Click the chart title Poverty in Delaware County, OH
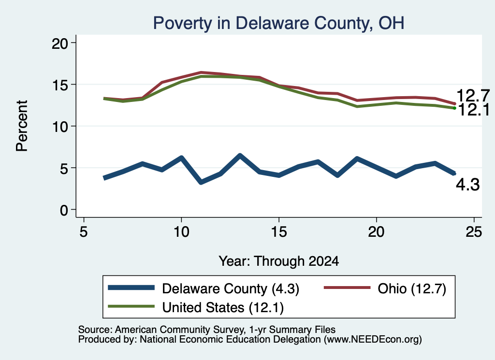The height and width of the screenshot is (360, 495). [278, 23]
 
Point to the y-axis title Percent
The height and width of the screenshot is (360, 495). [22, 126]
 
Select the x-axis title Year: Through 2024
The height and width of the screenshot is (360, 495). [279, 261]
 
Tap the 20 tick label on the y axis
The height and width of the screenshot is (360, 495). [60, 43]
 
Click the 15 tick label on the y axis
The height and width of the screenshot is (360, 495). [60, 85]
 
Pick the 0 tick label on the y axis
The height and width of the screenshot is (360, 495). [64, 210]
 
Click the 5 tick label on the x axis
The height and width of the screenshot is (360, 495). [83, 232]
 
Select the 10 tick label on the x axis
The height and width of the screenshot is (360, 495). [181, 232]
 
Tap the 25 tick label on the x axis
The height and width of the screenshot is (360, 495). [474, 232]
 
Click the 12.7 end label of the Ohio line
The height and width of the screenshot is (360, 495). [473, 95]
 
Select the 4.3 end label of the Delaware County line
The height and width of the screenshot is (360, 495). [468, 185]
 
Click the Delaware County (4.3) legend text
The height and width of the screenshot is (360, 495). [231, 288]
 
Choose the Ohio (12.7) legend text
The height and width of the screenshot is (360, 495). [412, 288]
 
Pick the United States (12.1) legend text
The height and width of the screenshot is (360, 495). [223, 307]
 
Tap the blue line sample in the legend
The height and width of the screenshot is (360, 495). [131, 288]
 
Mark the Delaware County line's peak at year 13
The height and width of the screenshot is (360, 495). [240, 155]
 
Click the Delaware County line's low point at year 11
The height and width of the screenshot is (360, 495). [201, 182]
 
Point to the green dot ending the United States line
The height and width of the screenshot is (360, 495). [454, 108]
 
